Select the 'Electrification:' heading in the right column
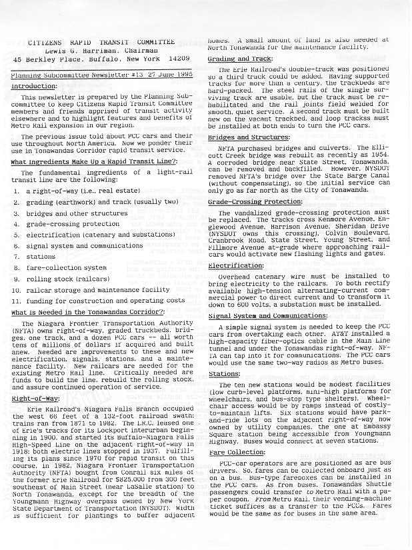coord(235,265)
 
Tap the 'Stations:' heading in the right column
coord(224,374)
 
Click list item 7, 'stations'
coord(40,257)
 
